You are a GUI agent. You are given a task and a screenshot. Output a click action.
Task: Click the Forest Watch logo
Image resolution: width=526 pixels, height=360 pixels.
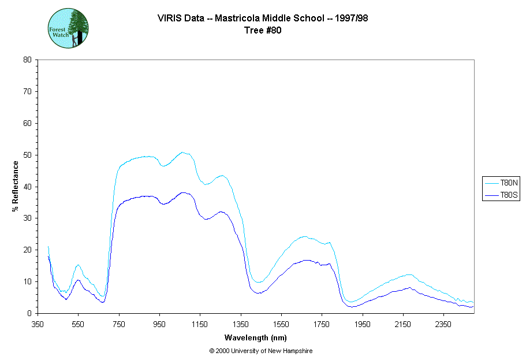point(68,28)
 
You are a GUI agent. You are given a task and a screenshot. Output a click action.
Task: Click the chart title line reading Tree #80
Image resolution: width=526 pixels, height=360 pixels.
point(263,30)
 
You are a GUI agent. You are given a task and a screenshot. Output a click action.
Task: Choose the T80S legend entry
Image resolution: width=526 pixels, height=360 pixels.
point(501,196)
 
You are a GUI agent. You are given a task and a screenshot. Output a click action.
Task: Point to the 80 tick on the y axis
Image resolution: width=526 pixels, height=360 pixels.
point(27,60)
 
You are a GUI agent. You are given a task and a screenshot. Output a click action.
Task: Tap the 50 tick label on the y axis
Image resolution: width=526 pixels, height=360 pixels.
point(27,155)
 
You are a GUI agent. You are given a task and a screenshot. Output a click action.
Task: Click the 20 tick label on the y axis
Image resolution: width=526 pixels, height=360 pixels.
point(27,250)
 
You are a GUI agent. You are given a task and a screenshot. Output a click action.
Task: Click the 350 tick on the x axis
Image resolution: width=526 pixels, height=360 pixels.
point(38,325)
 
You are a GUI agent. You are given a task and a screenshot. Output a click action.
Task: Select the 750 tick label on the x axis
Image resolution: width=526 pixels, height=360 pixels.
point(119,325)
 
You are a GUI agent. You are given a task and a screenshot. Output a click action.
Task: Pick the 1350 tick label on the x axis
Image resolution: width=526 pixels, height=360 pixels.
point(241,325)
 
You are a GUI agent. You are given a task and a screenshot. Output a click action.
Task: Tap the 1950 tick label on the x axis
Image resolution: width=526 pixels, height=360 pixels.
point(363,325)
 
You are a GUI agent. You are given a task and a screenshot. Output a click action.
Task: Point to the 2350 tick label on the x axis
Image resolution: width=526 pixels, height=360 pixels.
point(443,325)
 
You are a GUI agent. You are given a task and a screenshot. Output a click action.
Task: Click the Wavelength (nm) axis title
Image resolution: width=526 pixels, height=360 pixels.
point(255,338)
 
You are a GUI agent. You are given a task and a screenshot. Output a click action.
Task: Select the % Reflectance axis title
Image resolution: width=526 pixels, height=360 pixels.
point(16,186)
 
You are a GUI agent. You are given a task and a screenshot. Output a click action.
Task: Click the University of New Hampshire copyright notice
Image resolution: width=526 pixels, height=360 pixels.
point(261,351)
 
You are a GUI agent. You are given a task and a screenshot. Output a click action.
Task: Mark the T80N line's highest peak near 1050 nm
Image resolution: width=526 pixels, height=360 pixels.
point(182,153)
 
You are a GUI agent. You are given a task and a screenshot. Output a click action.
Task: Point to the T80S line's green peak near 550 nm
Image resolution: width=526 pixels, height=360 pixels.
point(78,280)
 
